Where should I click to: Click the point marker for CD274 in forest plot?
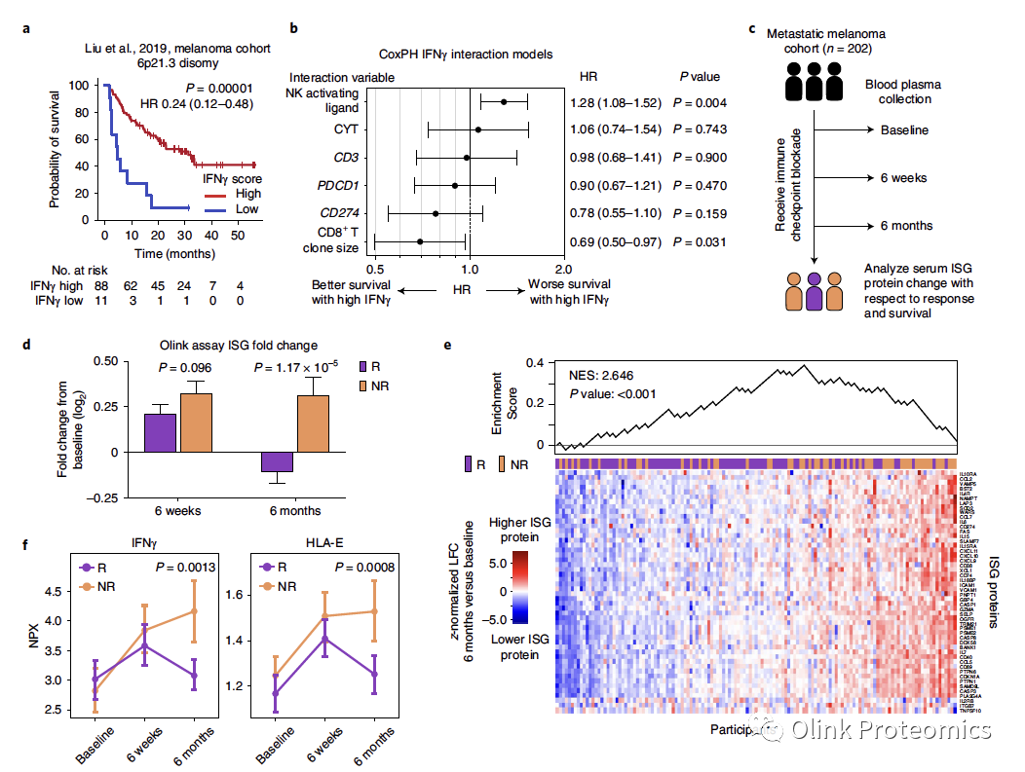coord(435,213)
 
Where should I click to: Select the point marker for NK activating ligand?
coord(504,101)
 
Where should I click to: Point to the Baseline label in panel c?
coord(904,129)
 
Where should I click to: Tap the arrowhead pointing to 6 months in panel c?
coord(869,226)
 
